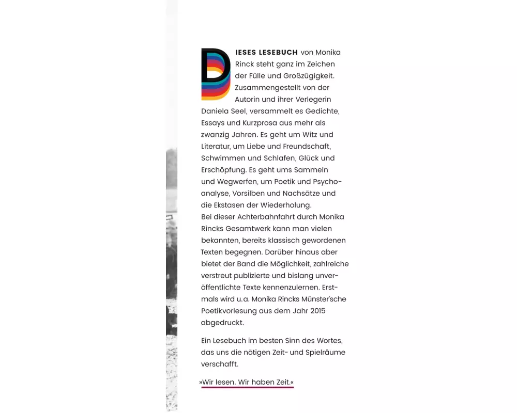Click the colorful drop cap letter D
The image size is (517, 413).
215,74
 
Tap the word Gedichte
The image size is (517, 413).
322,111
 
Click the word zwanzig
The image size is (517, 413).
214,135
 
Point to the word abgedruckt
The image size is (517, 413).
222,323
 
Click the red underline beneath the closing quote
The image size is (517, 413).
247,387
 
